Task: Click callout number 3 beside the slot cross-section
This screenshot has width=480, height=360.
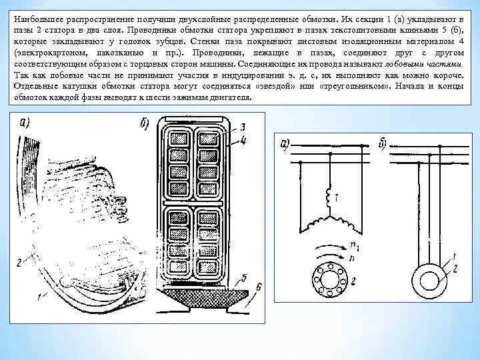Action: [x=244, y=126]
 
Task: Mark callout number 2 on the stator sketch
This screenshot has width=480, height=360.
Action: [x=20, y=261]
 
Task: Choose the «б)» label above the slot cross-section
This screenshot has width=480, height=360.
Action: [x=143, y=125]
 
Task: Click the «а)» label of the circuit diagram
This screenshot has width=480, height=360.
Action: [x=285, y=144]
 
